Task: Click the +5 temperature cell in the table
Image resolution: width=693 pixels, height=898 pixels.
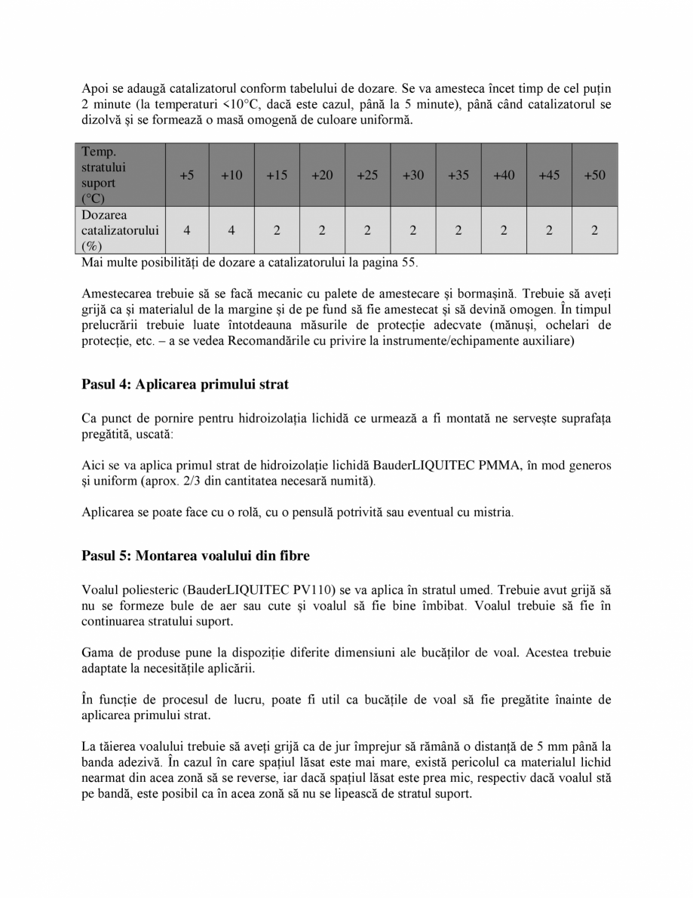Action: (x=187, y=175)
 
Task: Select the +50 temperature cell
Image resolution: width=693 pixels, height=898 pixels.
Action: (x=594, y=175)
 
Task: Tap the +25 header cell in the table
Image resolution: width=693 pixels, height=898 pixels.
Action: (x=367, y=175)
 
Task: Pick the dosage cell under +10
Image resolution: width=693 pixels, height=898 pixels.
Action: (x=232, y=231)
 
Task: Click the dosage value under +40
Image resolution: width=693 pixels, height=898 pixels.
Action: (x=504, y=231)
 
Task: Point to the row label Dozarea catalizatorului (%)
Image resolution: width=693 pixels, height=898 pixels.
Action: (x=120, y=231)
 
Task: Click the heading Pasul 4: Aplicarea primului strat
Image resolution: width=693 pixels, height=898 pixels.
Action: (x=185, y=384)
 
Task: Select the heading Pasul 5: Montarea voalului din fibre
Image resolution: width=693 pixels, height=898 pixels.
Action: (x=195, y=555)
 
